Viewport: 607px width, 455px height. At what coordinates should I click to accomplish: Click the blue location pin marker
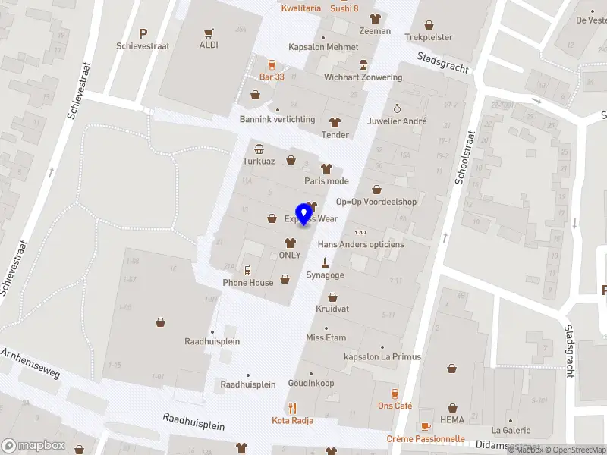pos(304,214)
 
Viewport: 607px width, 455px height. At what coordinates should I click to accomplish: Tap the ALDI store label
pos(209,45)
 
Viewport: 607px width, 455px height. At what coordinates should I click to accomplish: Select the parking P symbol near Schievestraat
pos(143,33)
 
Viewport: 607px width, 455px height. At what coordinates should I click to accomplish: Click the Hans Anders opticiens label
pos(360,244)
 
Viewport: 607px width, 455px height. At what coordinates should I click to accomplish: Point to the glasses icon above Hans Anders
pos(360,232)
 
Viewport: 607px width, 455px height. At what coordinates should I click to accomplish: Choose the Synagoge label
pos(325,275)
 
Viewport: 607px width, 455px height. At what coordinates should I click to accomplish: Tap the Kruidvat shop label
pos(332,309)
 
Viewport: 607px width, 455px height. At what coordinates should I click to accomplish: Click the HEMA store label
pos(451,419)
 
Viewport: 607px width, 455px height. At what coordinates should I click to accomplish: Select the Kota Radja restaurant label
pos(293,420)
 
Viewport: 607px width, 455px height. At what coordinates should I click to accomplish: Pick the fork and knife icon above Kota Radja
pos(293,408)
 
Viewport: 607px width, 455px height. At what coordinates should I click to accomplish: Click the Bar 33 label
pos(272,77)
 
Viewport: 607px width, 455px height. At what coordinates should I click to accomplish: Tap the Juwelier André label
pos(397,121)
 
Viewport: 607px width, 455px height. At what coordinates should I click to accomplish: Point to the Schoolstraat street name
pos(464,157)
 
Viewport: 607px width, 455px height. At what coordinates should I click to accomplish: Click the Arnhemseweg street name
pos(30,364)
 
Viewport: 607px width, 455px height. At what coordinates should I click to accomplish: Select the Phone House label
pos(248,283)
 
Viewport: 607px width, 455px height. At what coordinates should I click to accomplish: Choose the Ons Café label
pos(395,406)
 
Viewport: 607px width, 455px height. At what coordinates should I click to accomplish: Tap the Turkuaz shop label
pos(259,161)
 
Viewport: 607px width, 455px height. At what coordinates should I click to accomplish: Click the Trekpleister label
pos(429,36)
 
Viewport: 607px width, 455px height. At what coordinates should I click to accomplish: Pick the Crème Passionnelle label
pos(426,438)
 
